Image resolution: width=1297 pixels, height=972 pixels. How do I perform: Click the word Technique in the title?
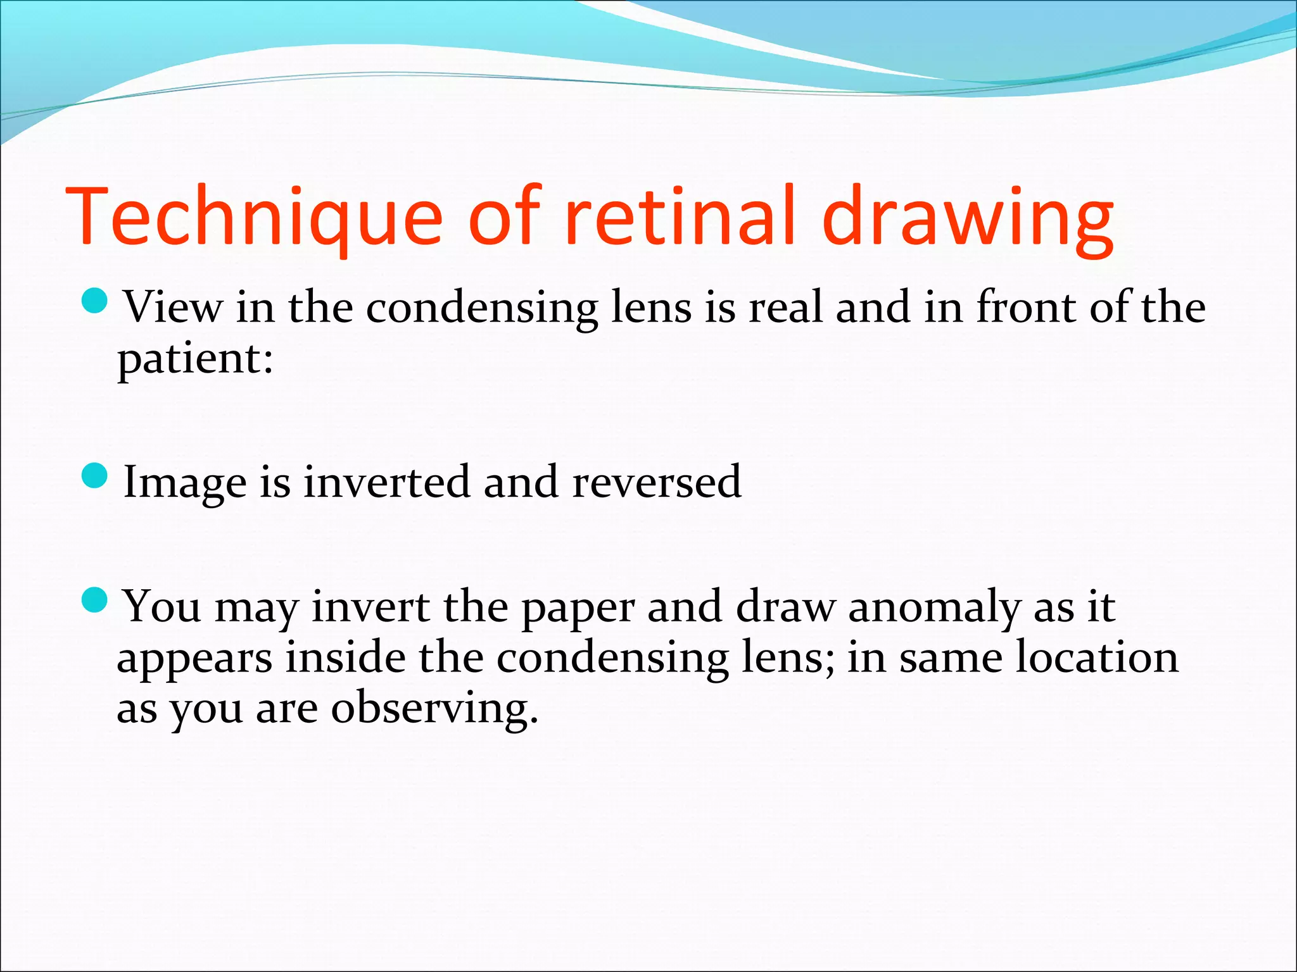click(253, 216)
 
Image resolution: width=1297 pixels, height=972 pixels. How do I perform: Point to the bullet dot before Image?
click(96, 476)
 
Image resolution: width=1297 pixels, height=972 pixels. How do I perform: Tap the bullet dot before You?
click(96, 600)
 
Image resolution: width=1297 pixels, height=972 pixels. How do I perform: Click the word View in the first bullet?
click(173, 308)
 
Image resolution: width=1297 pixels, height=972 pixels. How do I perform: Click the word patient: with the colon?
click(196, 359)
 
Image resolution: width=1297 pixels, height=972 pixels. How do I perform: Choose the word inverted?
click(387, 482)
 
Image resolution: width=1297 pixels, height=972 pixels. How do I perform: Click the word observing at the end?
click(434, 709)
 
